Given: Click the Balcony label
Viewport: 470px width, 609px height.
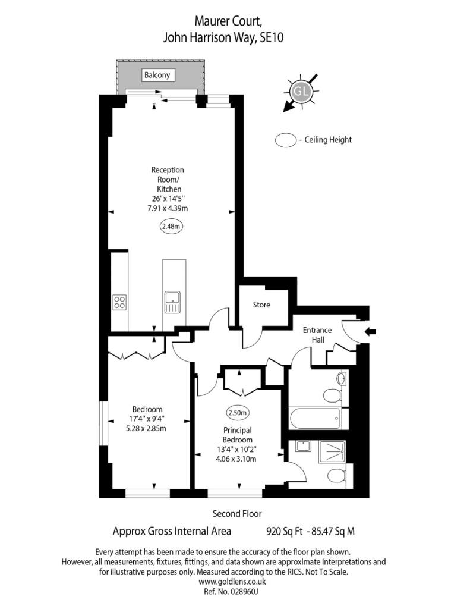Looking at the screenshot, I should tap(157, 75).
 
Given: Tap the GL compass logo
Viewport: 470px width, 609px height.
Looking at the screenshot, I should tap(301, 92).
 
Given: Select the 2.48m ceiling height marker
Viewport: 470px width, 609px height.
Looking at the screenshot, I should tap(171, 226).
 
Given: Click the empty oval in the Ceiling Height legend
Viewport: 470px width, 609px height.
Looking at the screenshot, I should tap(286, 140).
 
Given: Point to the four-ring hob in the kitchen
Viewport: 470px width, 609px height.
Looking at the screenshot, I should tap(119, 302).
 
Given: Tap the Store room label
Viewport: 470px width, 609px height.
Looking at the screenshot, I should tap(261, 304).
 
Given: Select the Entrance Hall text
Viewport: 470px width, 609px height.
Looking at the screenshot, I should tap(317, 335).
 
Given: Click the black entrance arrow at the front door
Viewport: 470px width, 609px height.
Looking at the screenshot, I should tap(369, 332).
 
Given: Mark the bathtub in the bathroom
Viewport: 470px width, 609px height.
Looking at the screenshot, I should tap(316, 419).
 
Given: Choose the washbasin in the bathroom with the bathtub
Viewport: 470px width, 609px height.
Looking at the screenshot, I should tap(342, 378).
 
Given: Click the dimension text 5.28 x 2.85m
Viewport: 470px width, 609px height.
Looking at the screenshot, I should tap(147, 428).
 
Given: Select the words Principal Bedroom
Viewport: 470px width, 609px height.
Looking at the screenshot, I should tap(237, 435).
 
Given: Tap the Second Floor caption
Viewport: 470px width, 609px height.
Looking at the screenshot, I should tap(237, 514).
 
